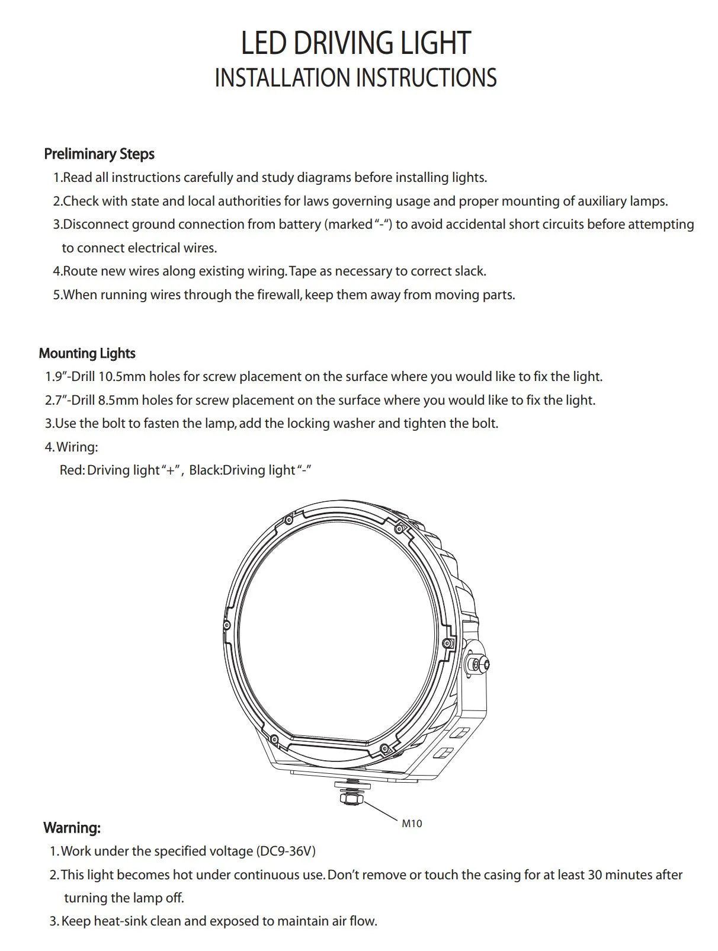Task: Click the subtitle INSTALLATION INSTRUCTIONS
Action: [x=355, y=78]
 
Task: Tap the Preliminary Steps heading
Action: [x=99, y=154]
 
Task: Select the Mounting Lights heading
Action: [x=87, y=354]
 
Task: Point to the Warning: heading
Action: [x=72, y=828]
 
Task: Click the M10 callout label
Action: [x=412, y=824]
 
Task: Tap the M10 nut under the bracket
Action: [x=348, y=798]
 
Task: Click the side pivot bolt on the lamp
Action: [x=477, y=664]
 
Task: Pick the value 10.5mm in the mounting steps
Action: [x=121, y=377]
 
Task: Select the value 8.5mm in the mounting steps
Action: [x=118, y=401]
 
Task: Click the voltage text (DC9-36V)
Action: [x=286, y=851]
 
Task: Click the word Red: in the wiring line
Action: [x=72, y=470]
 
